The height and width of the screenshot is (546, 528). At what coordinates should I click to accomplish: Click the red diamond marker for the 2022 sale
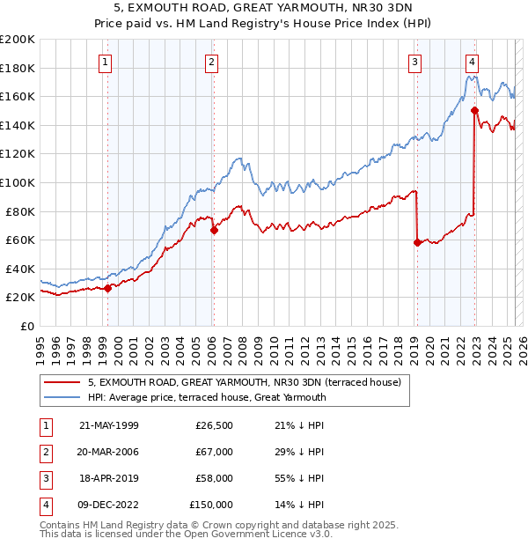(x=474, y=111)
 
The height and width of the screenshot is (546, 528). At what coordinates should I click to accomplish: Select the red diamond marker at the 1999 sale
(x=108, y=288)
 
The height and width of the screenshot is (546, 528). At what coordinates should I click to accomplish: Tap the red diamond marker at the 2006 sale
(x=214, y=231)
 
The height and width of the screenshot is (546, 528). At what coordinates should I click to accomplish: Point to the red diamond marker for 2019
(x=417, y=243)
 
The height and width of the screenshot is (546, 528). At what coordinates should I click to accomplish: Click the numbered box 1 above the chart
(x=106, y=62)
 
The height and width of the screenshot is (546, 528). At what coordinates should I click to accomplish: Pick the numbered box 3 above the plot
(x=414, y=62)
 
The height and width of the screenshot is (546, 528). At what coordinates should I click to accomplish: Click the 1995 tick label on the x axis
(x=40, y=345)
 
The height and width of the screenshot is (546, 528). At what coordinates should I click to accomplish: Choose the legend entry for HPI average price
(x=207, y=397)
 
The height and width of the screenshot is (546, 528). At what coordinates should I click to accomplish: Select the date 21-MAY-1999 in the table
(x=108, y=425)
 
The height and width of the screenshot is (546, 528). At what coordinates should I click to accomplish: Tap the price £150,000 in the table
(x=211, y=505)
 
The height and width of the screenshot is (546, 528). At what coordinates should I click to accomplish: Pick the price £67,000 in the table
(x=214, y=452)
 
